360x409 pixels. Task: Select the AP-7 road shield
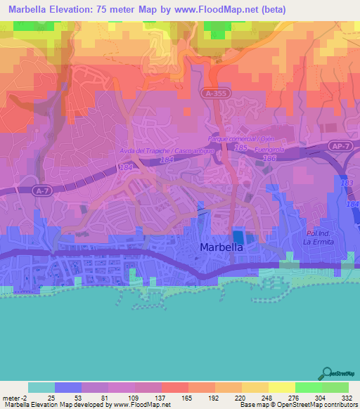[340, 147]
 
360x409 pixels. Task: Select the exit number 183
[345, 183]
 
